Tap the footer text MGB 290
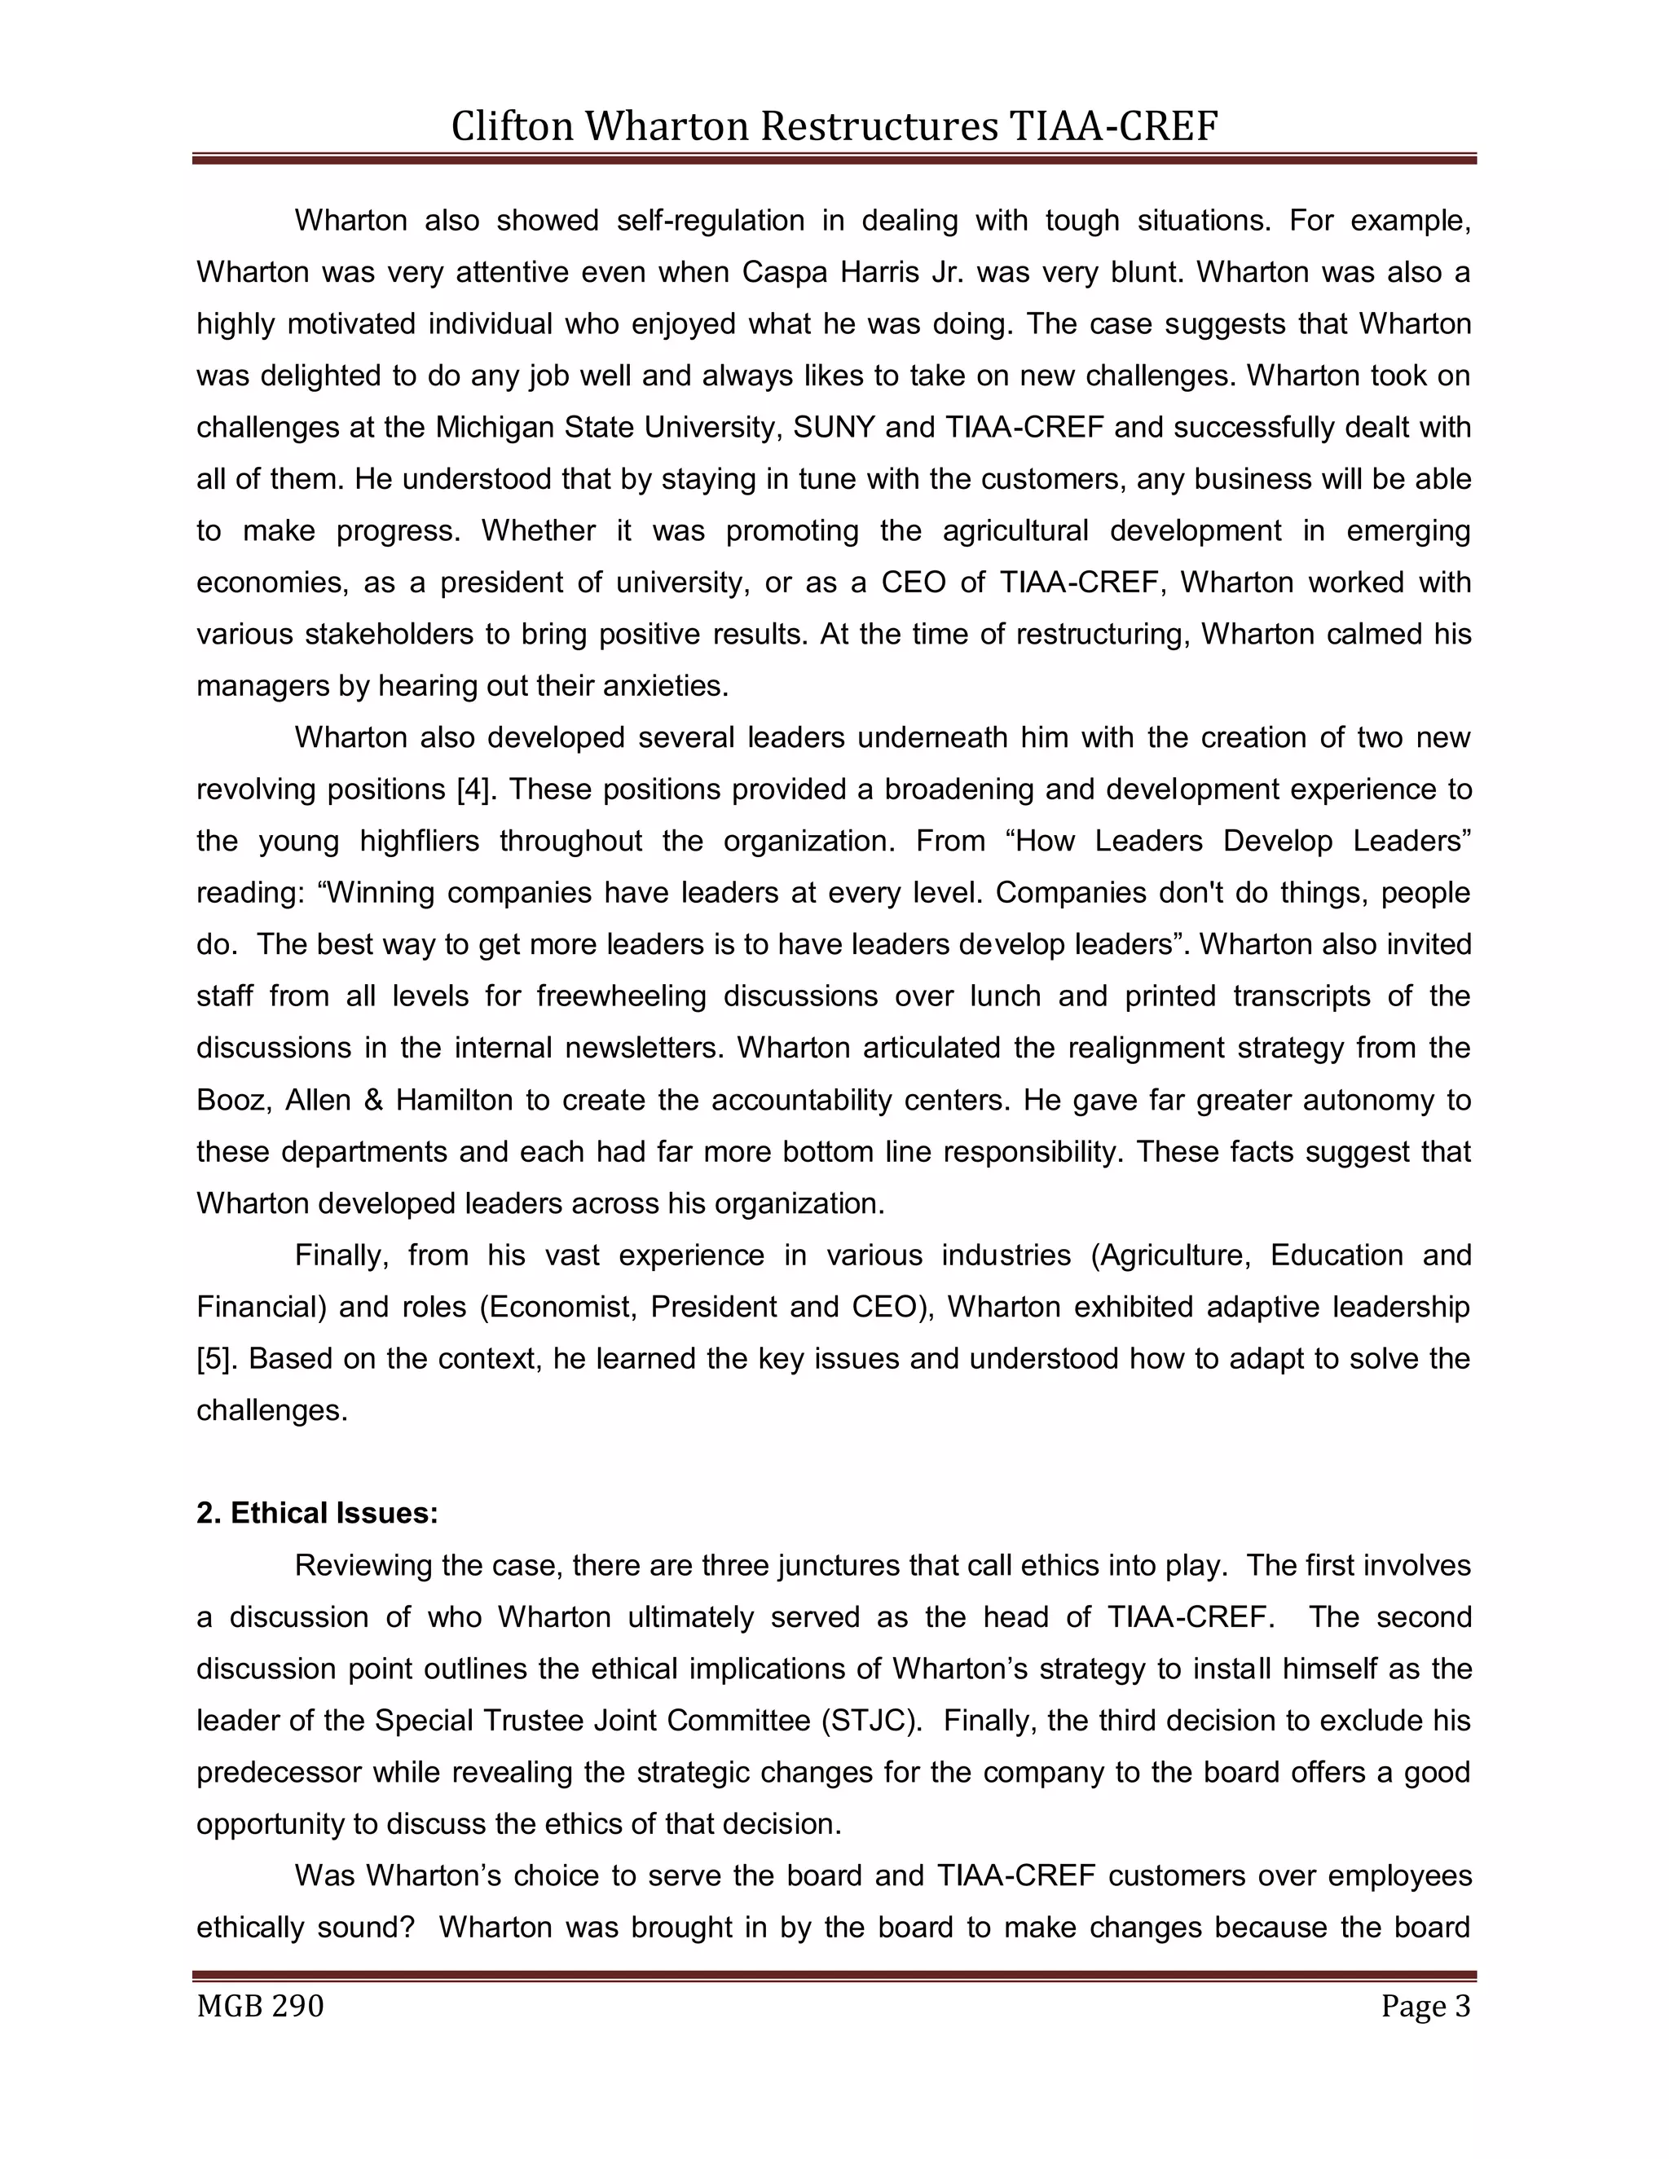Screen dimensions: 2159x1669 (260, 2007)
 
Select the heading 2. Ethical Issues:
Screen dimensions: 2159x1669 (316, 1514)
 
